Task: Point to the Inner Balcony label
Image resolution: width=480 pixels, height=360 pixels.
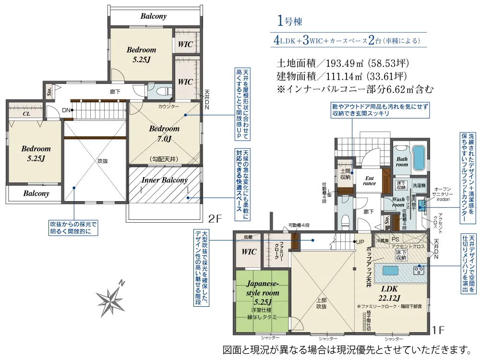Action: click(x=164, y=180)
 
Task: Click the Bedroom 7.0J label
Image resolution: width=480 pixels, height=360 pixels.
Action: click(x=164, y=134)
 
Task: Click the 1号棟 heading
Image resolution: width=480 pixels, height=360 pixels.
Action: click(x=290, y=21)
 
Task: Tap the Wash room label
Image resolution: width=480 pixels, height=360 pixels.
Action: click(x=398, y=202)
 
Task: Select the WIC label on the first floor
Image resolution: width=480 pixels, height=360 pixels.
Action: click(x=248, y=252)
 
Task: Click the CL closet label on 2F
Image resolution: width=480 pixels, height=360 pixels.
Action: click(x=27, y=115)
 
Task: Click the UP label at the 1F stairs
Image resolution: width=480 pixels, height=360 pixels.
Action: click(x=360, y=241)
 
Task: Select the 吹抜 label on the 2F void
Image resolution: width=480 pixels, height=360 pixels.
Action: click(x=102, y=161)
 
